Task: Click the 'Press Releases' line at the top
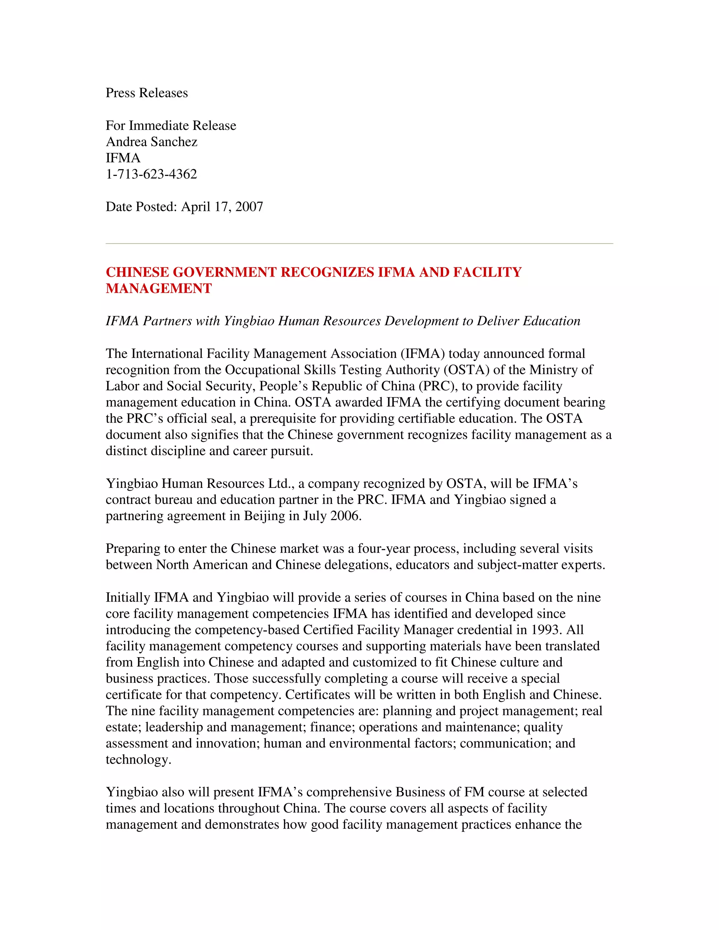coord(146,93)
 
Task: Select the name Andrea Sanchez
coord(151,142)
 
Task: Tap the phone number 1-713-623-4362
coord(151,174)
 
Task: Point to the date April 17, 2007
coord(222,207)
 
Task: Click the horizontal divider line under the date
coord(359,244)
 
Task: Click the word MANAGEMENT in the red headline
coord(158,289)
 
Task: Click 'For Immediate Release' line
coord(171,126)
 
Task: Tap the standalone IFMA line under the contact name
coord(123,158)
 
